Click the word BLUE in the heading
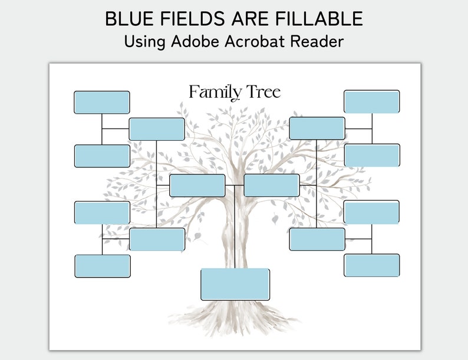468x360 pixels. click(x=127, y=19)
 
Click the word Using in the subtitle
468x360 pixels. click(x=144, y=42)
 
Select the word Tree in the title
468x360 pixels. click(x=263, y=93)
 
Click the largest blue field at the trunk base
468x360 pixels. click(x=235, y=284)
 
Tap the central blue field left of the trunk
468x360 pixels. click(x=197, y=186)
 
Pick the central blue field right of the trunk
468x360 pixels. click(x=272, y=186)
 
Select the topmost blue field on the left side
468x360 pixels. click(x=102, y=102)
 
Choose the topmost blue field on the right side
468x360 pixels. click(x=372, y=101)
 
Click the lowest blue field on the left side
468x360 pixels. click(x=103, y=266)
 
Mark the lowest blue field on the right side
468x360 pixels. click(x=372, y=265)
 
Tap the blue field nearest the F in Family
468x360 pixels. click(x=157, y=129)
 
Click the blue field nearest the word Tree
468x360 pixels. click(x=317, y=128)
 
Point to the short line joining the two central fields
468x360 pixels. click(x=235, y=186)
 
